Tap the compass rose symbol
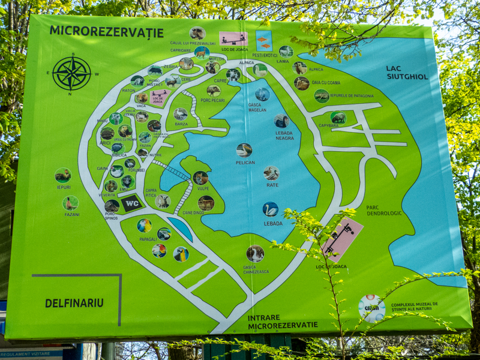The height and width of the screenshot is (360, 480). [x=72, y=74]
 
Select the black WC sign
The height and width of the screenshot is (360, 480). [x=132, y=203]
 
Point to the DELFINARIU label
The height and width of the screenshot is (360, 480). [x=74, y=303]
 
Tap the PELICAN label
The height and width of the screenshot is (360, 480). [x=245, y=163]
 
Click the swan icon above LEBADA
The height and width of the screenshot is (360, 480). [x=270, y=209]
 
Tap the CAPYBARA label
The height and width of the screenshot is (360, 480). [x=328, y=126]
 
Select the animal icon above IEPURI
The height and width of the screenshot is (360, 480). [x=63, y=175]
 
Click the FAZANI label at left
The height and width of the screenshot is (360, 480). [x=71, y=214]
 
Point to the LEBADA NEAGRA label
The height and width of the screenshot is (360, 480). [x=284, y=135]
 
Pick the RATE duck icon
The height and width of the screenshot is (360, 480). [x=271, y=173]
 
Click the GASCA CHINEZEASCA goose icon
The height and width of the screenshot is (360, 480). [x=255, y=253]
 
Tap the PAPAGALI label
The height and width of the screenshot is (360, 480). [x=148, y=239]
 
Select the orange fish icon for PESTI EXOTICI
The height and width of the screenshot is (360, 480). [x=263, y=41]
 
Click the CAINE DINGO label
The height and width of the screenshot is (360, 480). [x=194, y=213]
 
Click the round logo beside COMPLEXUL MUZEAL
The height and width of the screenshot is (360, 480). [x=372, y=308]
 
